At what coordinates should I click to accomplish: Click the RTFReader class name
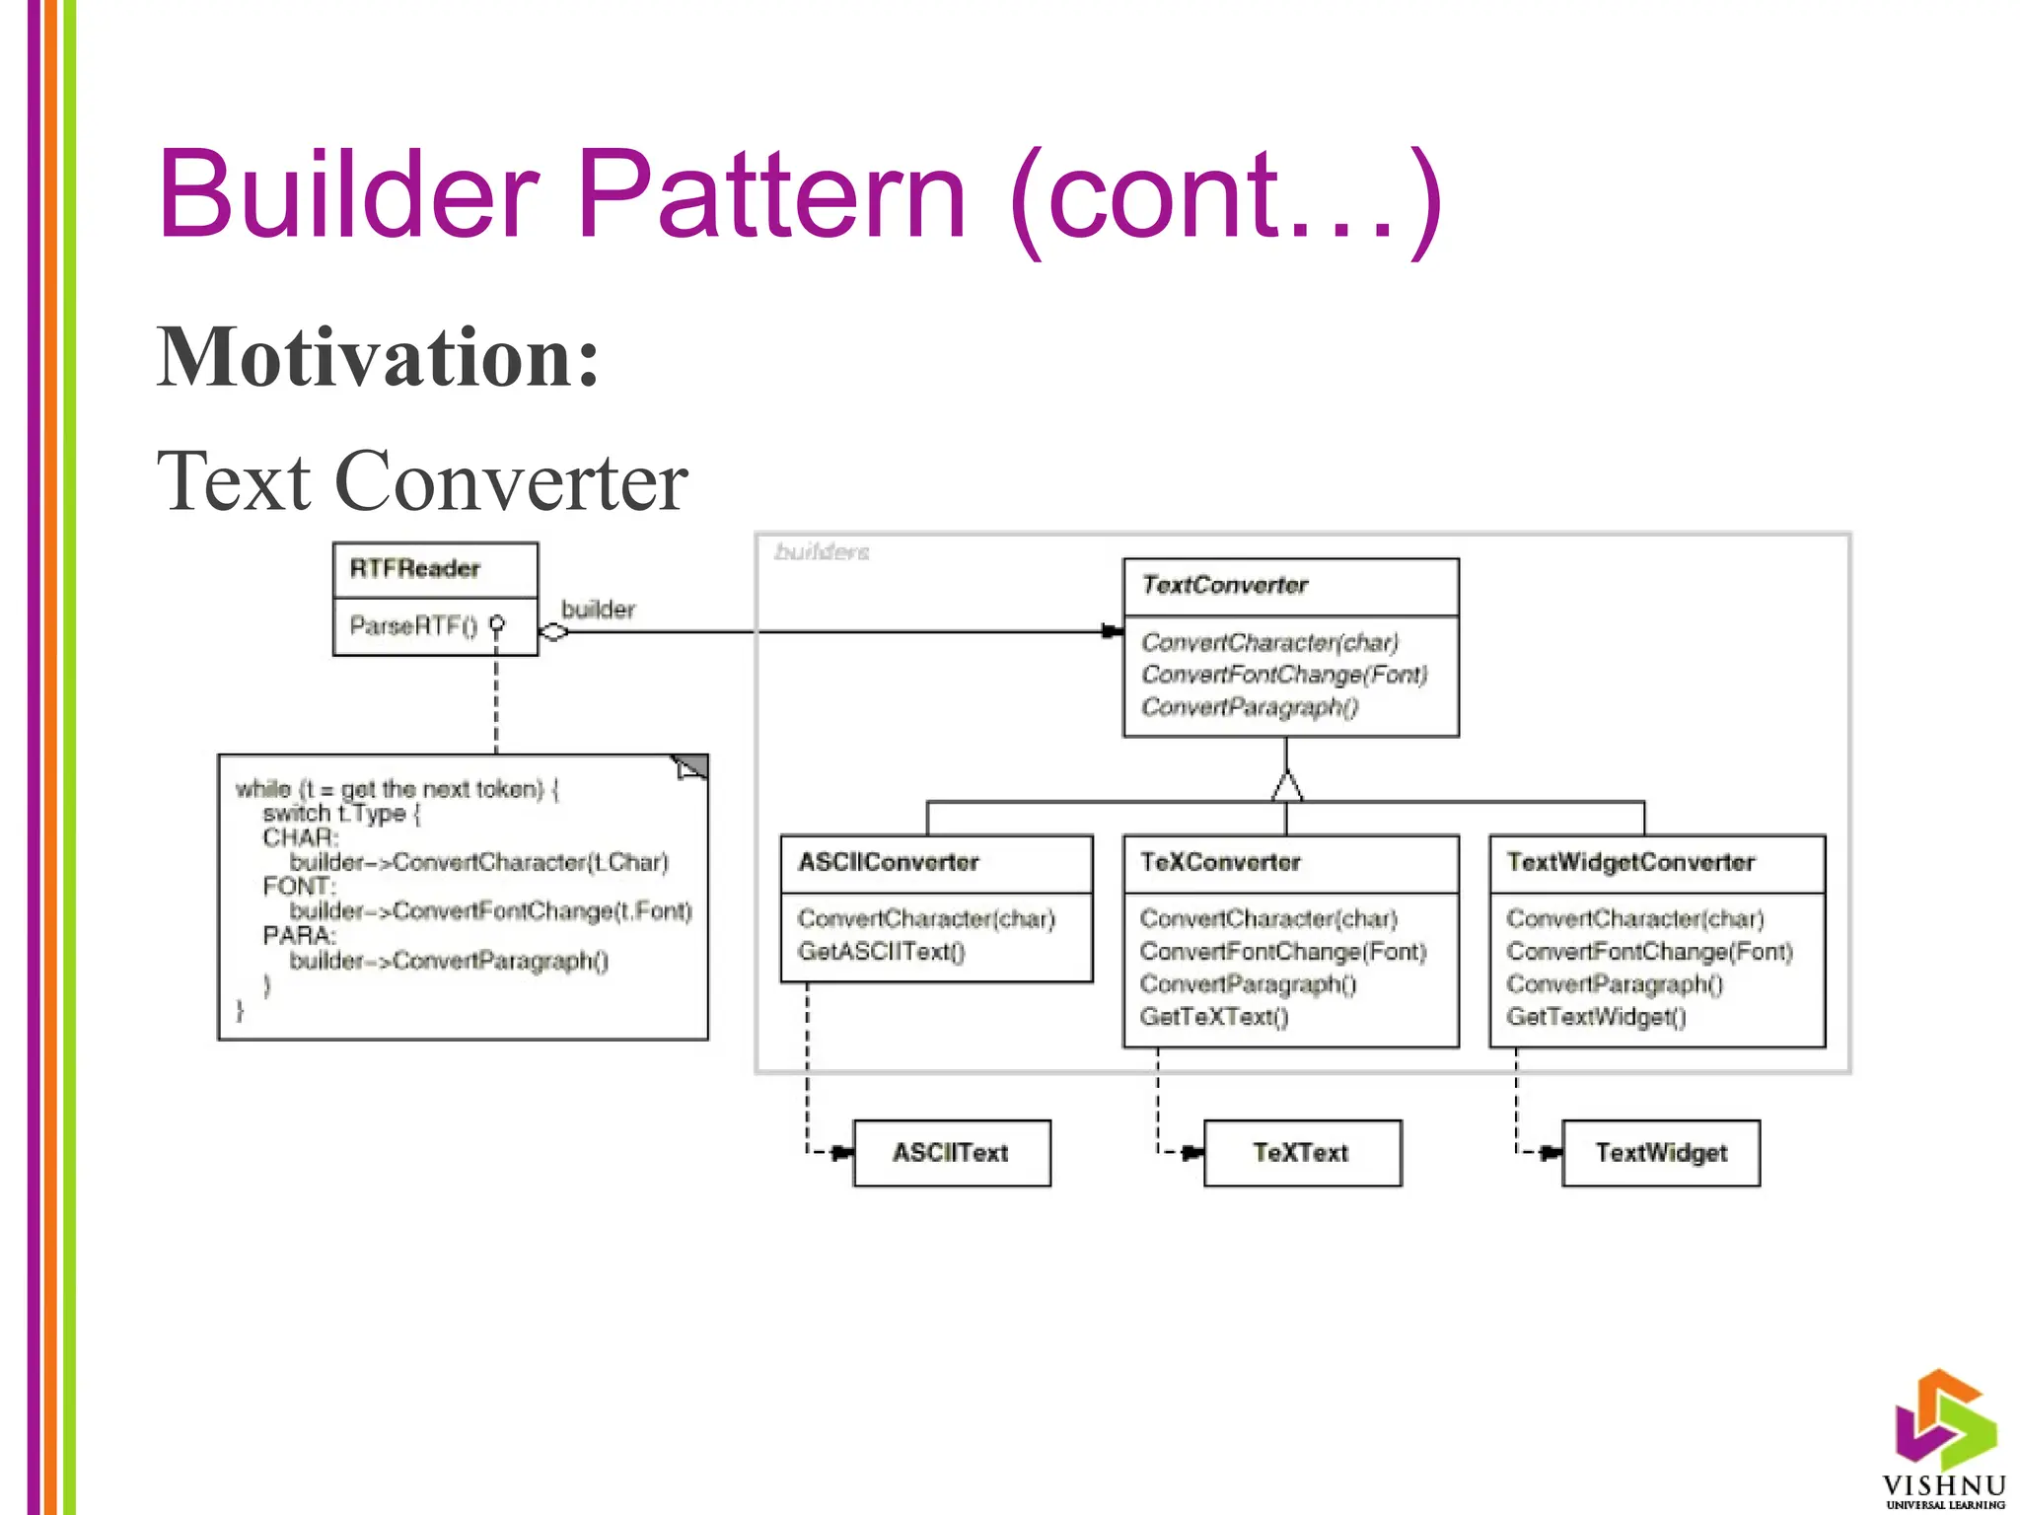click(414, 569)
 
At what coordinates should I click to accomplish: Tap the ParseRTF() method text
click(413, 626)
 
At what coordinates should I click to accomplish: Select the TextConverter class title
click(1224, 586)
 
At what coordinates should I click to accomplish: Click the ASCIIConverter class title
click(888, 863)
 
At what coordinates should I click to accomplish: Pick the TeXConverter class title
click(1220, 863)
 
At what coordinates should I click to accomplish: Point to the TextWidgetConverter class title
click(1630, 863)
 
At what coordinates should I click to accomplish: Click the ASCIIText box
click(951, 1153)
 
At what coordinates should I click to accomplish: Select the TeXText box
click(1301, 1153)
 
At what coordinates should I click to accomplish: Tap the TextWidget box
click(1661, 1153)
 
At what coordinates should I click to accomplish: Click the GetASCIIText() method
click(881, 952)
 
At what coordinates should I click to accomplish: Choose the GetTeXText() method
click(1214, 1017)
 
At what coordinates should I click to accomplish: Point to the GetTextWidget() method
click(1596, 1017)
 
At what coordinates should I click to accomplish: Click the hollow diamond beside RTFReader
click(554, 632)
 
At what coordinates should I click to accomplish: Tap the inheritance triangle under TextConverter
click(1286, 786)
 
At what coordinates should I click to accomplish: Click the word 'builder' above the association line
click(598, 610)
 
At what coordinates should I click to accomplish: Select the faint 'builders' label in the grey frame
click(822, 552)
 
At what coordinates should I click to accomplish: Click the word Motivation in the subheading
click(378, 357)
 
